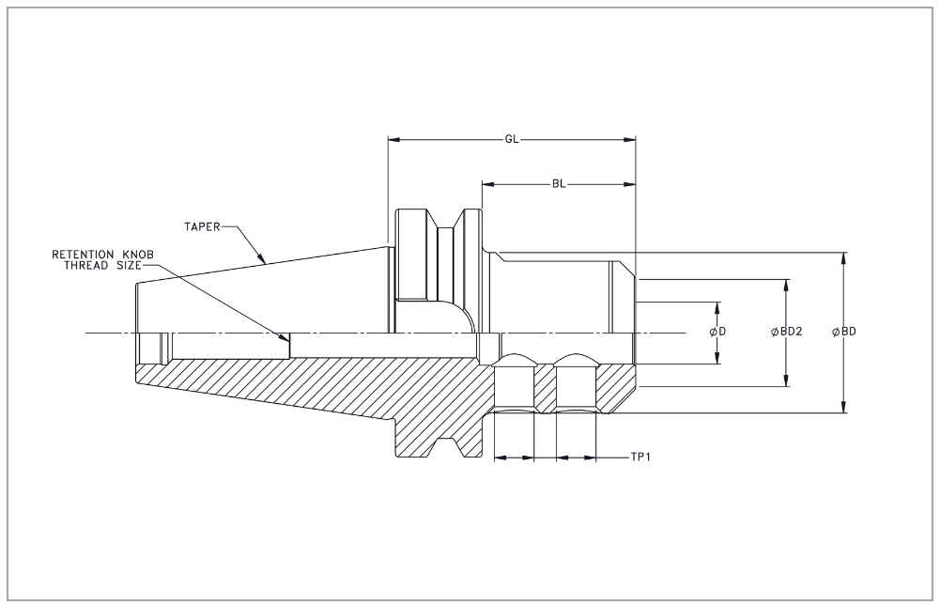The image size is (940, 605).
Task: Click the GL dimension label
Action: click(x=512, y=140)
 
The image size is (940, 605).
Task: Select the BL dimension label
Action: click(x=559, y=183)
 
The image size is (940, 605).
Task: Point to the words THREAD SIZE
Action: click(x=100, y=266)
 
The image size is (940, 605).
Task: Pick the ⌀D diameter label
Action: click(x=718, y=333)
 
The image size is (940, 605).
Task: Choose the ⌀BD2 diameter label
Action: click(x=786, y=333)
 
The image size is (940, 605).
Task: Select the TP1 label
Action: click(x=641, y=458)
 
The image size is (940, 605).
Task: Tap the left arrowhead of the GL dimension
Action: click(x=394, y=140)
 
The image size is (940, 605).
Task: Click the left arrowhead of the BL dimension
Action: click(x=488, y=183)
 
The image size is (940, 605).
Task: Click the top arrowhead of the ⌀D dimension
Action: click(x=718, y=308)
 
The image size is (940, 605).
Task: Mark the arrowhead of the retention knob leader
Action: click(x=286, y=338)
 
